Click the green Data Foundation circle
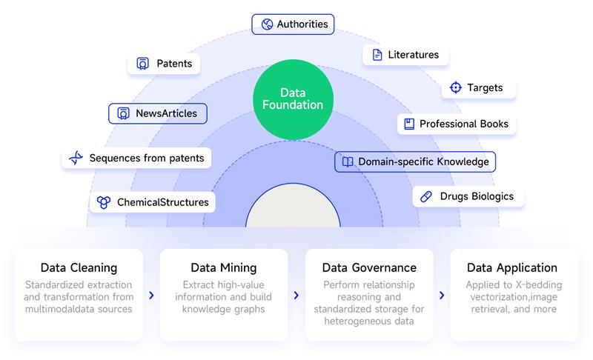(293, 99)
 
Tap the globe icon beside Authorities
(267, 24)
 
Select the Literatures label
(405, 55)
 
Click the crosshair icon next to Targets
(456, 87)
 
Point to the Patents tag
(164, 64)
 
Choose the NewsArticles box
(158, 113)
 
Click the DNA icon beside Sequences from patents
(76, 158)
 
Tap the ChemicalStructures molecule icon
(104, 202)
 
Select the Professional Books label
(457, 124)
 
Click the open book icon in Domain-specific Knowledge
(348, 161)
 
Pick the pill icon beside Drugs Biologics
(426, 196)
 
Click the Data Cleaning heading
(79, 267)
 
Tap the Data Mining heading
(224, 267)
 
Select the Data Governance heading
(369, 267)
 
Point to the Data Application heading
(512, 267)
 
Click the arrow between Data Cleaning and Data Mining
(152, 295)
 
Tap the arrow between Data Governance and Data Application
(442, 295)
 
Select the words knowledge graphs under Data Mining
(224, 309)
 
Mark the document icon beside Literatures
(377, 55)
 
